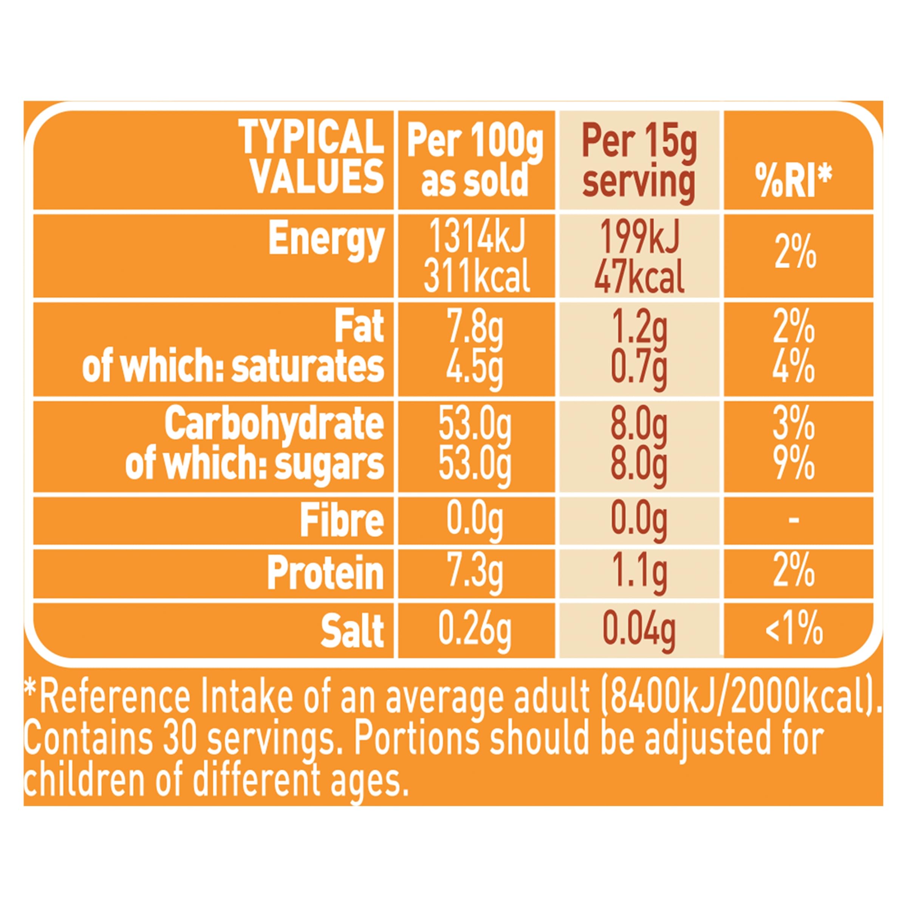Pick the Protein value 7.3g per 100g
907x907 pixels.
[475, 573]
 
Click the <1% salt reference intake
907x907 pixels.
[794, 629]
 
